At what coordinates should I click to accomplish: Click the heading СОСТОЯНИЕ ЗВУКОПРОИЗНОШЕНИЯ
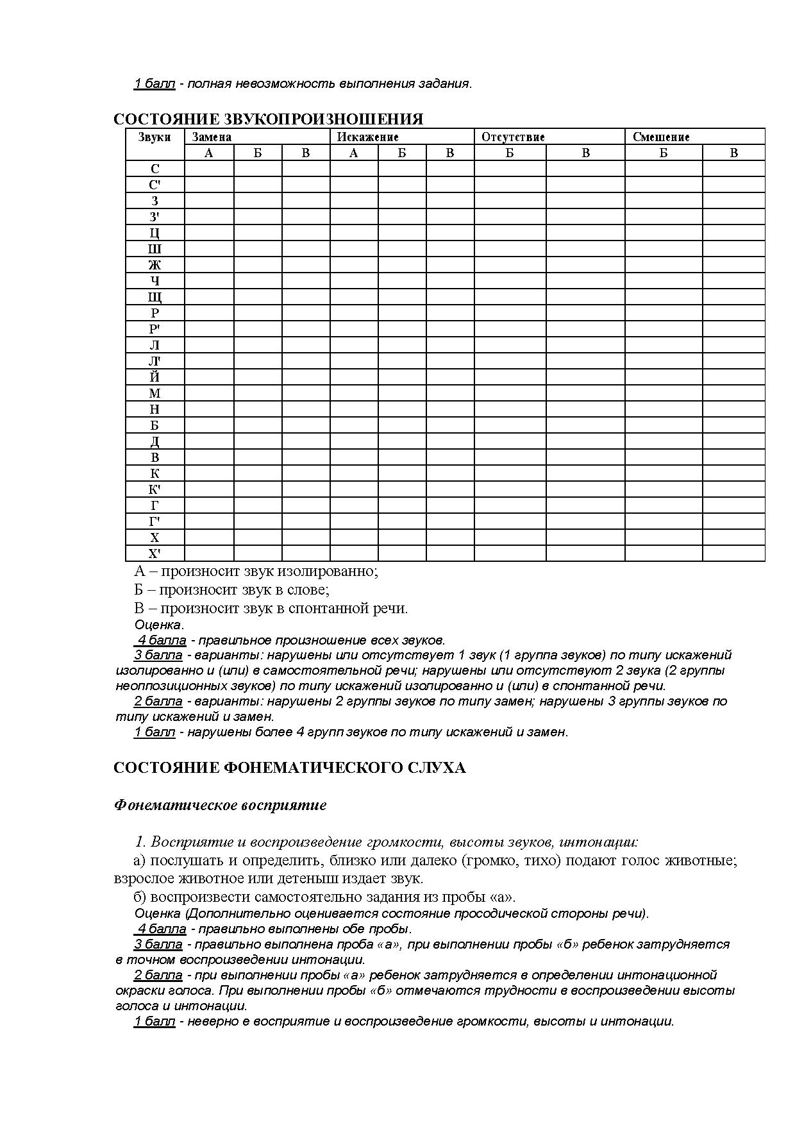tap(268, 119)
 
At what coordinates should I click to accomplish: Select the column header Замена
tap(212, 137)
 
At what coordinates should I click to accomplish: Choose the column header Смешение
tap(661, 137)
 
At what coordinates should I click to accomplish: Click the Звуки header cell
tap(155, 137)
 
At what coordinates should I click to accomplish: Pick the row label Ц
tap(155, 233)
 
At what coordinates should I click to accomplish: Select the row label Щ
tap(155, 297)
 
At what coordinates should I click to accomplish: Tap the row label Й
tap(155, 377)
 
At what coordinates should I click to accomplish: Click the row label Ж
tap(155, 265)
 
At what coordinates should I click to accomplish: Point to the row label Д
tap(155, 441)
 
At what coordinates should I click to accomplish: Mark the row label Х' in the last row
tap(155, 554)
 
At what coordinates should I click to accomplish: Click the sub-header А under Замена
tap(209, 153)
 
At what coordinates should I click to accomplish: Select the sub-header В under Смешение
tap(733, 153)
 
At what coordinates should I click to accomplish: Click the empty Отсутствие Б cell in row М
tap(510, 393)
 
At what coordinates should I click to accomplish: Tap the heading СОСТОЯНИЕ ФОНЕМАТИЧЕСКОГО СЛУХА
tap(289, 768)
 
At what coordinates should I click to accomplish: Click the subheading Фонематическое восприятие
tap(220, 805)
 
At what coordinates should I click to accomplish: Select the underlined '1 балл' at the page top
tap(154, 83)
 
